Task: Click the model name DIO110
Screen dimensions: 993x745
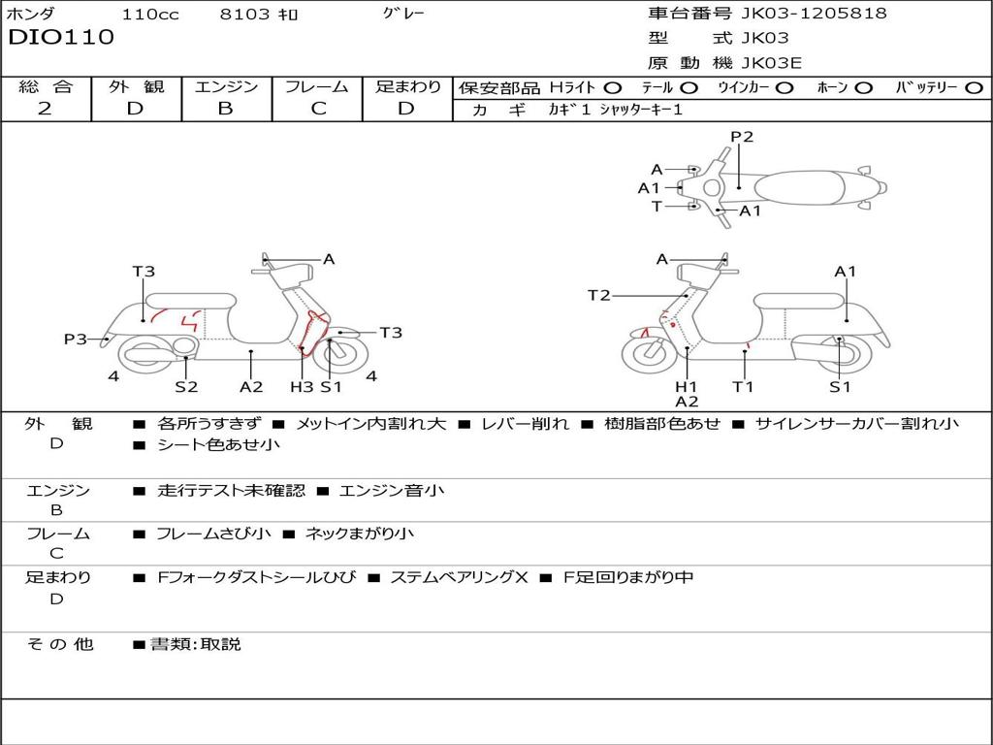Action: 61,38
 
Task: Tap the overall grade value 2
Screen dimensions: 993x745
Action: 45,109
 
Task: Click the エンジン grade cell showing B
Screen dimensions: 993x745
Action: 225,109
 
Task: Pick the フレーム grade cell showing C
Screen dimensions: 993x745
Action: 318,109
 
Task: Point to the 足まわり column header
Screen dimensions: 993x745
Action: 407,86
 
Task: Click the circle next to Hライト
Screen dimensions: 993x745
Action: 613,87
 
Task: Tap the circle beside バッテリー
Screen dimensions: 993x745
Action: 975,87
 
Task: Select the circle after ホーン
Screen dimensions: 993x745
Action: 864,87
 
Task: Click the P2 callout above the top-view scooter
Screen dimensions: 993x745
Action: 742,137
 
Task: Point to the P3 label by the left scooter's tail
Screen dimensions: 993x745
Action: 76,340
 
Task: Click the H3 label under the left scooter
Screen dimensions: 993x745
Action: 302,387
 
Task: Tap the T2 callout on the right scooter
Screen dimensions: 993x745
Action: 599,295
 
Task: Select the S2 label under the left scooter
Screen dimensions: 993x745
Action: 186,387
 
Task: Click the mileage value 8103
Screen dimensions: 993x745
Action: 246,14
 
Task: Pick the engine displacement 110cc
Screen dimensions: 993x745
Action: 149,14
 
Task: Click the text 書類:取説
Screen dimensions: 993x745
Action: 195,644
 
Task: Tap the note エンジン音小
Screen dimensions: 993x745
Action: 392,491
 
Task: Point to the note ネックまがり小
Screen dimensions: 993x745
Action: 360,534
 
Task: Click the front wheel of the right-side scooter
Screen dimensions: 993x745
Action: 649,354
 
